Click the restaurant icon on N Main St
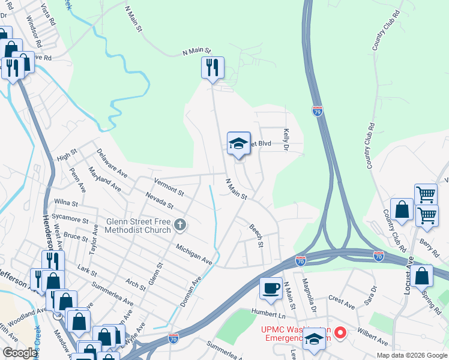tap(212, 68)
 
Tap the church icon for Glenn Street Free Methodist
tap(179, 226)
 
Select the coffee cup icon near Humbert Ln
tap(271, 288)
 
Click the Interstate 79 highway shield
tap(318, 111)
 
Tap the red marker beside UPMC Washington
tap(340, 331)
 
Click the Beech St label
tap(257, 236)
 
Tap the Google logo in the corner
tap(19, 353)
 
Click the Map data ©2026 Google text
tap(411, 355)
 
